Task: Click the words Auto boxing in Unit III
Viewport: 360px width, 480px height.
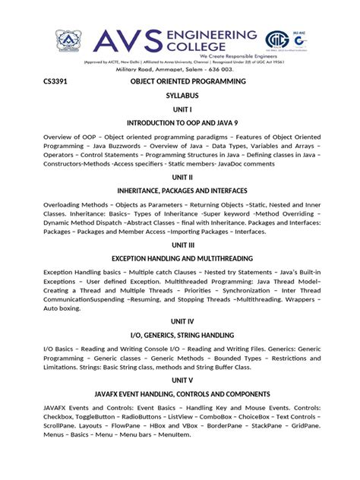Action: [61, 308]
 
